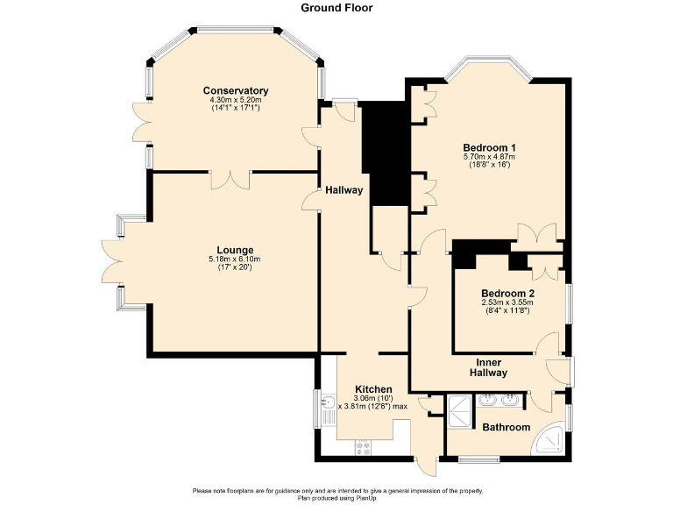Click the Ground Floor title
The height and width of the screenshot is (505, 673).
coord(336,8)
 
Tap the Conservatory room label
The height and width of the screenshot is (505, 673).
coord(235,91)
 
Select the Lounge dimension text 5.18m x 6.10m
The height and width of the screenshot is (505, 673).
coord(235,259)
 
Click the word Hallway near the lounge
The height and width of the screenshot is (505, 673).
coord(344,190)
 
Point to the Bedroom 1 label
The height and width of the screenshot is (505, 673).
coord(489,147)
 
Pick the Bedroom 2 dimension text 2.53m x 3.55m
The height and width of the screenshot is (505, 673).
coord(507,302)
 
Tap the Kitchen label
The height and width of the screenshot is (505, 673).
coord(372,388)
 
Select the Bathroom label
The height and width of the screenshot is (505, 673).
coord(507,427)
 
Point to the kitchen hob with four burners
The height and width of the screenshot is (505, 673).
coord(364,447)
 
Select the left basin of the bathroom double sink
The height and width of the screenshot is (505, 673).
coord(487,402)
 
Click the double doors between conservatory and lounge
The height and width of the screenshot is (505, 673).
coord(231,178)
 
